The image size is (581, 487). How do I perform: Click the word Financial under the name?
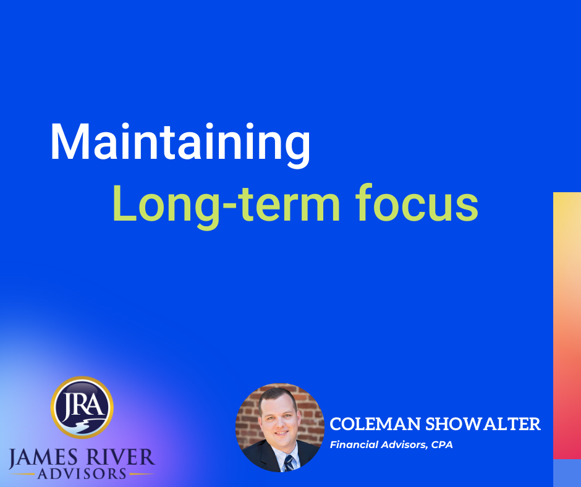point(355,444)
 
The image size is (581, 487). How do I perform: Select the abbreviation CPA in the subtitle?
point(441,444)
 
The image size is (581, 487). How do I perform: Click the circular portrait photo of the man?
point(279,427)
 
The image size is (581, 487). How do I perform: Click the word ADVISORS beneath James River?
point(82,475)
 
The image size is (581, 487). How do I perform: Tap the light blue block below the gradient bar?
point(567,473)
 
